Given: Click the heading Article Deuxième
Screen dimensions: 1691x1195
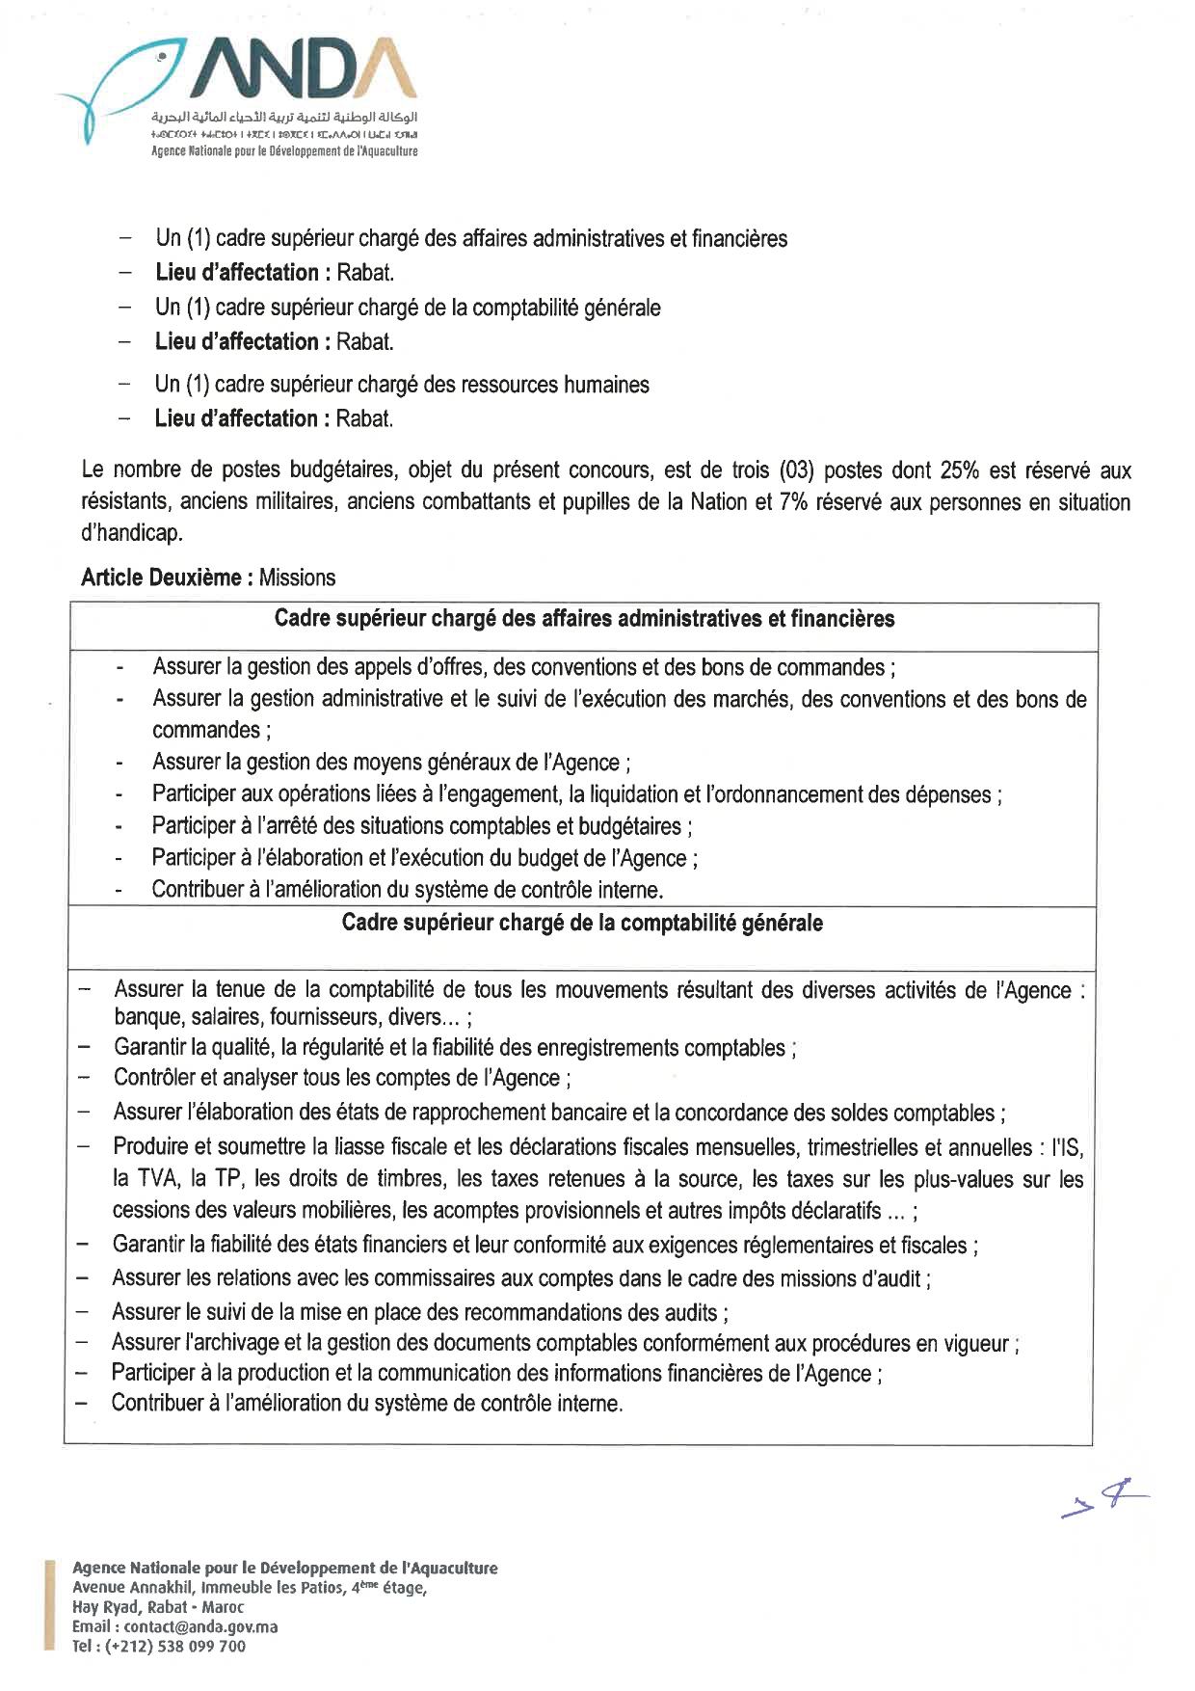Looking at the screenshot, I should pos(161,577).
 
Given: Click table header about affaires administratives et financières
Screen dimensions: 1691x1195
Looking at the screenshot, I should pos(584,619).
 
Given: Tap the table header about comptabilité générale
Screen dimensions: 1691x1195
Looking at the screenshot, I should pos(582,923).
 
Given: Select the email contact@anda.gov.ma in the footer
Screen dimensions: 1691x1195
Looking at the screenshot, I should pos(200,1626).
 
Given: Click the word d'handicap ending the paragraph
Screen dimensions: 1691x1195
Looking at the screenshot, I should pos(131,533).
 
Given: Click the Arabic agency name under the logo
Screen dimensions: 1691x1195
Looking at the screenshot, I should pos(284,117).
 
